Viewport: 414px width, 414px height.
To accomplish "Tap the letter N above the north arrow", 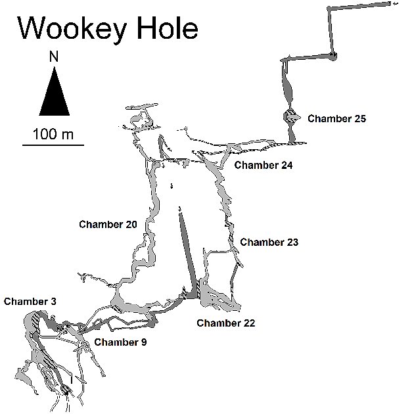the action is [x=54, y=58].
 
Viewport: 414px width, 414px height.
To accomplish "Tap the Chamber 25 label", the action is [x=336, y=119].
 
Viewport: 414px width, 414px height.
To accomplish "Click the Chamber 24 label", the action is [x=263, y=165].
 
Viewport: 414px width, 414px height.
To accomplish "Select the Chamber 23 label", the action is [x=269, y=242].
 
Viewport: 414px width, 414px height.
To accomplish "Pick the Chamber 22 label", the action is [x=225, y=323].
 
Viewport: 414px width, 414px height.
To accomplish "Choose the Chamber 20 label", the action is [x=108, y=225].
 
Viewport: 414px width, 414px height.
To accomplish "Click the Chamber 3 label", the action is [x=30, y=302].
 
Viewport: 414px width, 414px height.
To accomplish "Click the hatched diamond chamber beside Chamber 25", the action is [x=290, y=117].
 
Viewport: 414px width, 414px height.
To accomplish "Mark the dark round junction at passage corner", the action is [x=333, y=55].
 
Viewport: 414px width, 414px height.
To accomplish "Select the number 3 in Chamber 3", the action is [x=53, y=302].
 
